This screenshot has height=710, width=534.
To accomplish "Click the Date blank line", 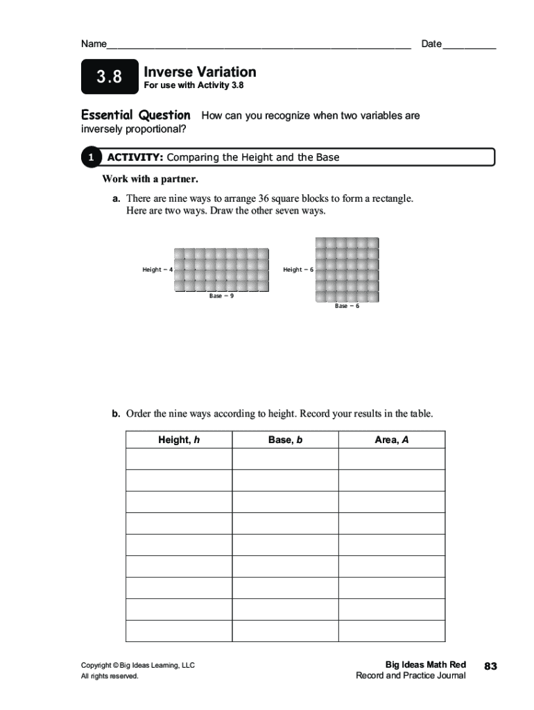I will pyautogui.click(x=469, y=48).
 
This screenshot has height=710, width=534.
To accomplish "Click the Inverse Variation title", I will pyautogui.click(x=200, y=72).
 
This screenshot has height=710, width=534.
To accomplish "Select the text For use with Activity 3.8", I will pyautogui.click(x=193, y=86).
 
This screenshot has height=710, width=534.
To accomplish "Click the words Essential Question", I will pyautogui.click(x=135, y=115).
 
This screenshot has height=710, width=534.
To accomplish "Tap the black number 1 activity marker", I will pyautogui.click(x=91, y=158).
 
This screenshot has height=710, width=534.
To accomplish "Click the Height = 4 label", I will pyautogui.click(x=157, y=270).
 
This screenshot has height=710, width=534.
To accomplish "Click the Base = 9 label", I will pyautogui.click(x=221, y=296).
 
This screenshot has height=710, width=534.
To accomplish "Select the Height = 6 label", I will pyautogui.click(x=298, y=270).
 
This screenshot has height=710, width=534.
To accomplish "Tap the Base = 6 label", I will pyautogui.click(x=347, y=306).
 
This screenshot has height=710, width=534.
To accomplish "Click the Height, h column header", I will pyautogui.click(x=179, y=440).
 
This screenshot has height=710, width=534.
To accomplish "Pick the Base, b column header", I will pyautogui.click(x=285, y=440).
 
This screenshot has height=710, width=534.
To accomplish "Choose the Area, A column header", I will pyautogui.click(x=392, y=440).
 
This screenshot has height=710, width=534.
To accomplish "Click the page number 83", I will pyautogui.click(x=491, y=666).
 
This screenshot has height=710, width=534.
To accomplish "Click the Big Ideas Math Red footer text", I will pyautogui.click(x=425, y=664).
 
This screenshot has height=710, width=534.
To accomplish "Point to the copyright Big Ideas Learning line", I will pyautogui.click(x=138, y=665).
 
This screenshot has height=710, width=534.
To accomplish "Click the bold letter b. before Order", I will pyautogui.click(x=117, y=414).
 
